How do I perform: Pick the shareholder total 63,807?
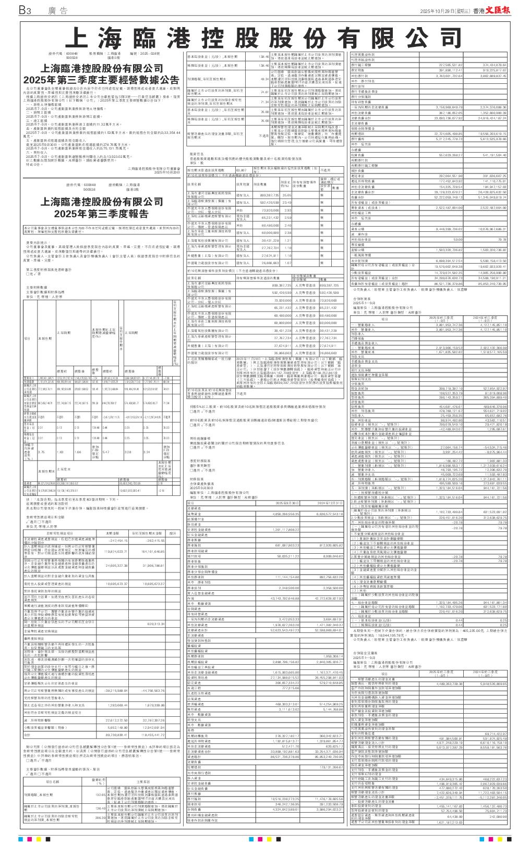[x=242, y=169]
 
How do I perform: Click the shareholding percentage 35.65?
[x=272, y=194]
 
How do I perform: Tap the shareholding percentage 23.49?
[x=272, y=202]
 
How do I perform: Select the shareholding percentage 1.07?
[x=272, y=263]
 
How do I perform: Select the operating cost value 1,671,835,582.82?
[x=445, y=352]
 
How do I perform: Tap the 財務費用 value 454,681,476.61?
[x=445, y=406]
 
